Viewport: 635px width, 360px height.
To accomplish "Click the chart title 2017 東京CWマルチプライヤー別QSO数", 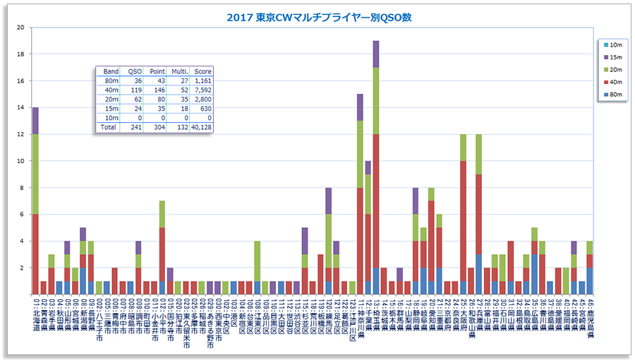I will click(319, 16).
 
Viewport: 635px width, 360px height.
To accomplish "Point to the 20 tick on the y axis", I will click(20, 28).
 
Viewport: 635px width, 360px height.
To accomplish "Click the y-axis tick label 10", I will click(20, 161).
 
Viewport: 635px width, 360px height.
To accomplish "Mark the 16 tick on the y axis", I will click(20, 81).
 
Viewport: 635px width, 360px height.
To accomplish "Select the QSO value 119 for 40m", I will click(132, 90).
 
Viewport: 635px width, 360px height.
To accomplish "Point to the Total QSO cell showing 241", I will click(132, 128).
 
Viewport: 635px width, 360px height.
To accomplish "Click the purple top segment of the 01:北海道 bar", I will click(35, 121).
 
